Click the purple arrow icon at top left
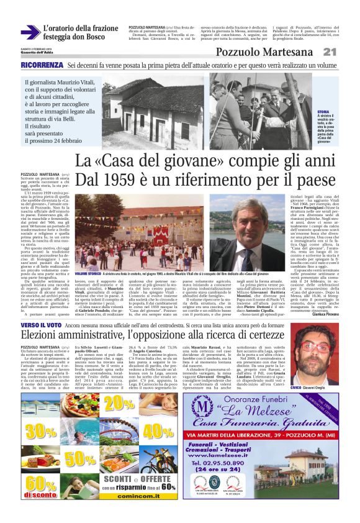[x=30, y=32]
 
